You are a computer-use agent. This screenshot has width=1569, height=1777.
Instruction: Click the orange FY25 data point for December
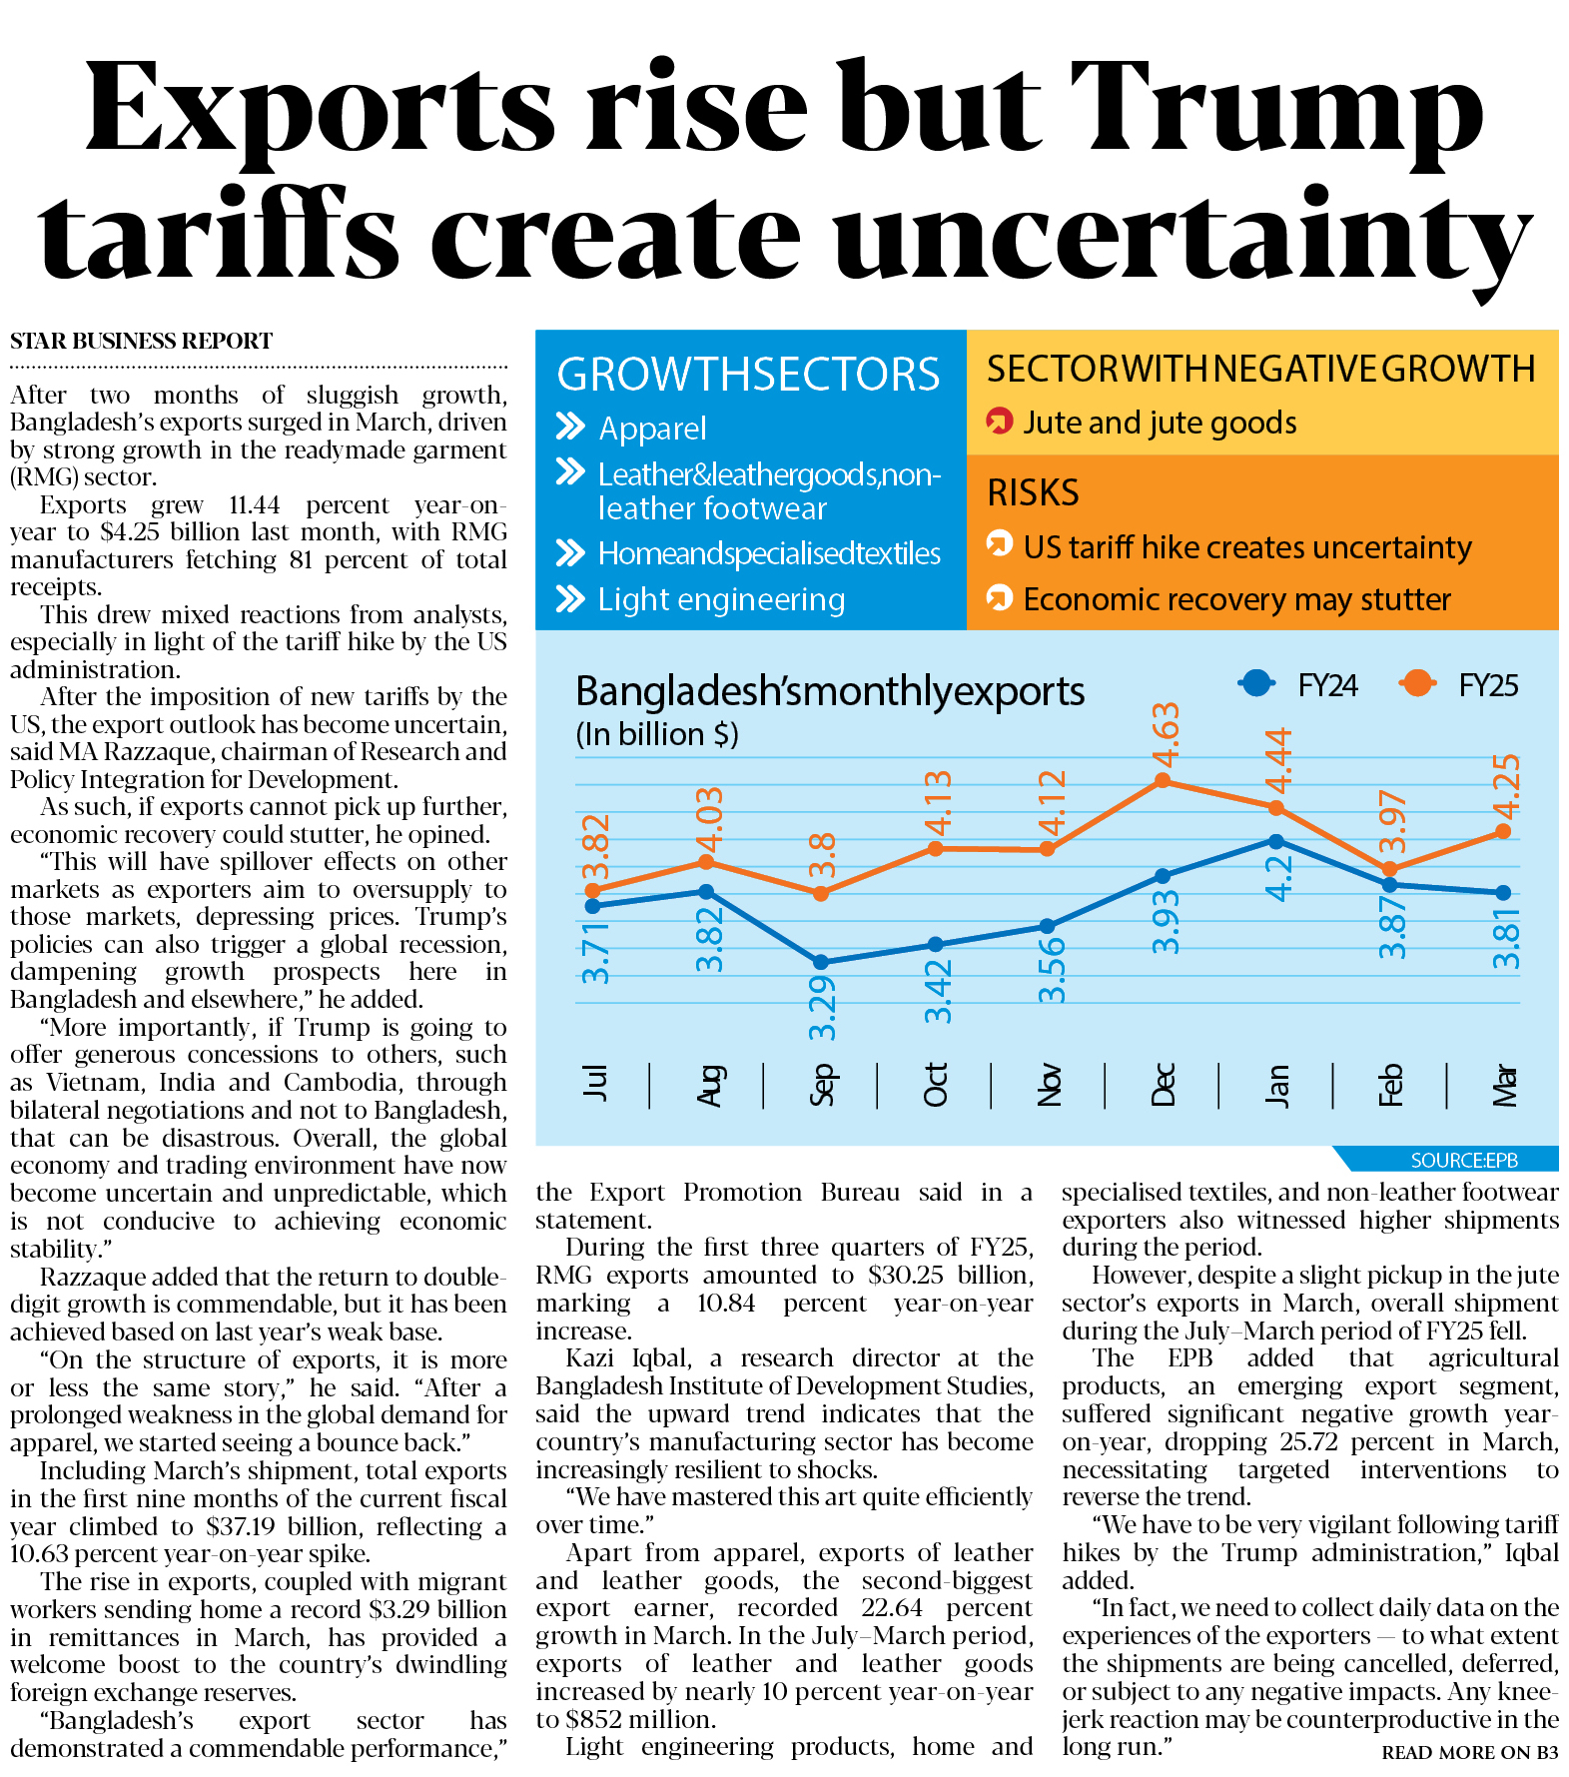[x=1162, y=781]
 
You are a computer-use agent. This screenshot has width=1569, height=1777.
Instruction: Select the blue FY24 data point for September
[x=821, y=962]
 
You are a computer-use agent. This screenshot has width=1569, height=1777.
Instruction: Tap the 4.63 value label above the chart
[x=1166, y=734]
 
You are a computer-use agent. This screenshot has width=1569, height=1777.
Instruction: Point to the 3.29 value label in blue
[x=822, y=1009]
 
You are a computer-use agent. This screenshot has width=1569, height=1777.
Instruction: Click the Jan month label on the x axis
[x=1277, y=1086]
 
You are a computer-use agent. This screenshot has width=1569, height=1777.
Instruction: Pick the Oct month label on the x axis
[x=935, y=1086]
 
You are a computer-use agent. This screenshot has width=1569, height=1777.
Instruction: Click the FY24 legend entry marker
[x=1256, y=684]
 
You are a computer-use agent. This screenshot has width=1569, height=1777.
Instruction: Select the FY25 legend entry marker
[x=1417, y=684]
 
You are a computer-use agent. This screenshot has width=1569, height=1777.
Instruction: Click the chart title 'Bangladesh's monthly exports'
[x=830, y=691]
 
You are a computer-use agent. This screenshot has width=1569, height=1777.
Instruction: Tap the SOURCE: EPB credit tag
[x=1463, y=1160]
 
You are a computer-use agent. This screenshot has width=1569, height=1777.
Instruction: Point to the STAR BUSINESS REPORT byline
[x=141, y=342]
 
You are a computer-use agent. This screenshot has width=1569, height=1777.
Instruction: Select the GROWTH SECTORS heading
[x=748, y=375]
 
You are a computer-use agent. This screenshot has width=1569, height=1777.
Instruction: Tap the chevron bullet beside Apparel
[x=570, y=428]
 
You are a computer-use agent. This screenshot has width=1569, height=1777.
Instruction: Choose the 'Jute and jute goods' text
[x=1160, y=424]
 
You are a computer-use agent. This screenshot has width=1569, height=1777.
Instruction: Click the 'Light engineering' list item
[x=721, y=599]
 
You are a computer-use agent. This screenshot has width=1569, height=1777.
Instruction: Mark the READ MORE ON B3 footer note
[x=1469, y=1752]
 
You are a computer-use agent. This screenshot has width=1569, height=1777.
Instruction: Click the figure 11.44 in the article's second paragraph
[x=255, y=505]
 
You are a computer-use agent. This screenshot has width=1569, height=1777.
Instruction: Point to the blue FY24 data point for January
[x=1276, y=841]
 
